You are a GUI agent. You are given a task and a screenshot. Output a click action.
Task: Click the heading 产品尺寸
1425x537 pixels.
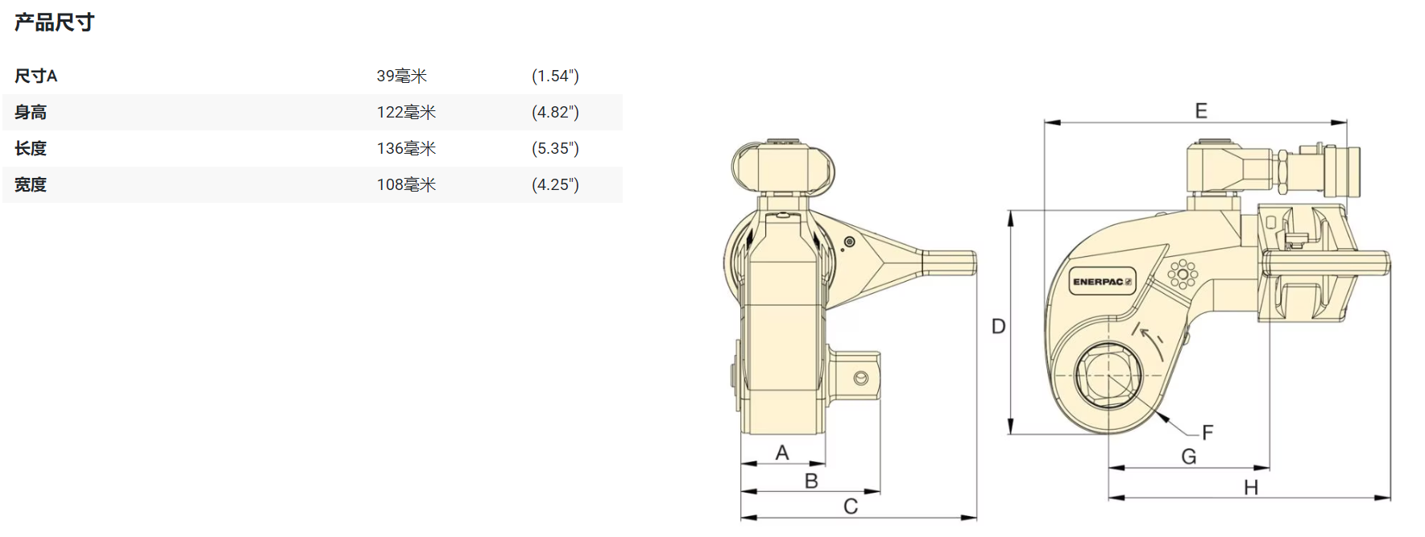coord(54,23)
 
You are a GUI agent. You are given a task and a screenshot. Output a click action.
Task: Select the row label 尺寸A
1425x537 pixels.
coord(36,76)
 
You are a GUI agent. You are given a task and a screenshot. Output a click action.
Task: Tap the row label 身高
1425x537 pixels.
coord(31,113)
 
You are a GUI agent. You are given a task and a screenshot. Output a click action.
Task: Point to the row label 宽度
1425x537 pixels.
coord(31,185)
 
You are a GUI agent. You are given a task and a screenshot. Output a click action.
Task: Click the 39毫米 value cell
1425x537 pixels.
coord(402,76)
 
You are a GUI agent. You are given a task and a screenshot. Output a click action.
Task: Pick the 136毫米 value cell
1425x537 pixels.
coord(406,149)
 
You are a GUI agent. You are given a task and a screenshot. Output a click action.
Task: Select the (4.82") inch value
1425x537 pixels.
coord(555,113)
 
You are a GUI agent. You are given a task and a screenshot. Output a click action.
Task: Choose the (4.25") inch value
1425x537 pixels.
coord(555,185)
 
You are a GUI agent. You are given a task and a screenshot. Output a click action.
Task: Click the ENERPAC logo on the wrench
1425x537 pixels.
coord(1102,282)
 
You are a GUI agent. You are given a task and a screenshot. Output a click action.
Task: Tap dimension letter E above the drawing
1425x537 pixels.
coord(1201,110)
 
